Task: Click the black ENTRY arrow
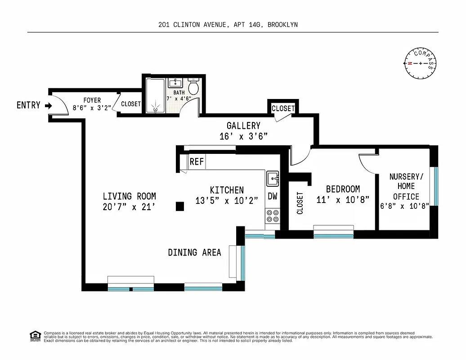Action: coord(48,106)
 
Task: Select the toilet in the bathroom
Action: coord(193,86)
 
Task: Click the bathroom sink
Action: coord(175,83)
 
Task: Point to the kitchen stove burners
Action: coord(272,216)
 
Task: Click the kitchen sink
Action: coord(273,179)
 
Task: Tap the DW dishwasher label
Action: coord(273,196)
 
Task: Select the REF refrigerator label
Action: coord(197,162)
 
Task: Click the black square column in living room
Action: coord(179,206)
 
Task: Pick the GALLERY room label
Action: coord(243,126)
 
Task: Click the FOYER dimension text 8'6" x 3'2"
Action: coord(92,108)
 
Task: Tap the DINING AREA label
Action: coord(194,252)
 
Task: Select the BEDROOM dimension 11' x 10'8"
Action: coord(343,199)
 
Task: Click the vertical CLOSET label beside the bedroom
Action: coord(300,203)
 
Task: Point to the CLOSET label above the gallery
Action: coord(283,108)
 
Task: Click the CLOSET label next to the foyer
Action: coord(131,104)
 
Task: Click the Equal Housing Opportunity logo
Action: coord(35,335)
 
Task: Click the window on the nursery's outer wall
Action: coord(435,186)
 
